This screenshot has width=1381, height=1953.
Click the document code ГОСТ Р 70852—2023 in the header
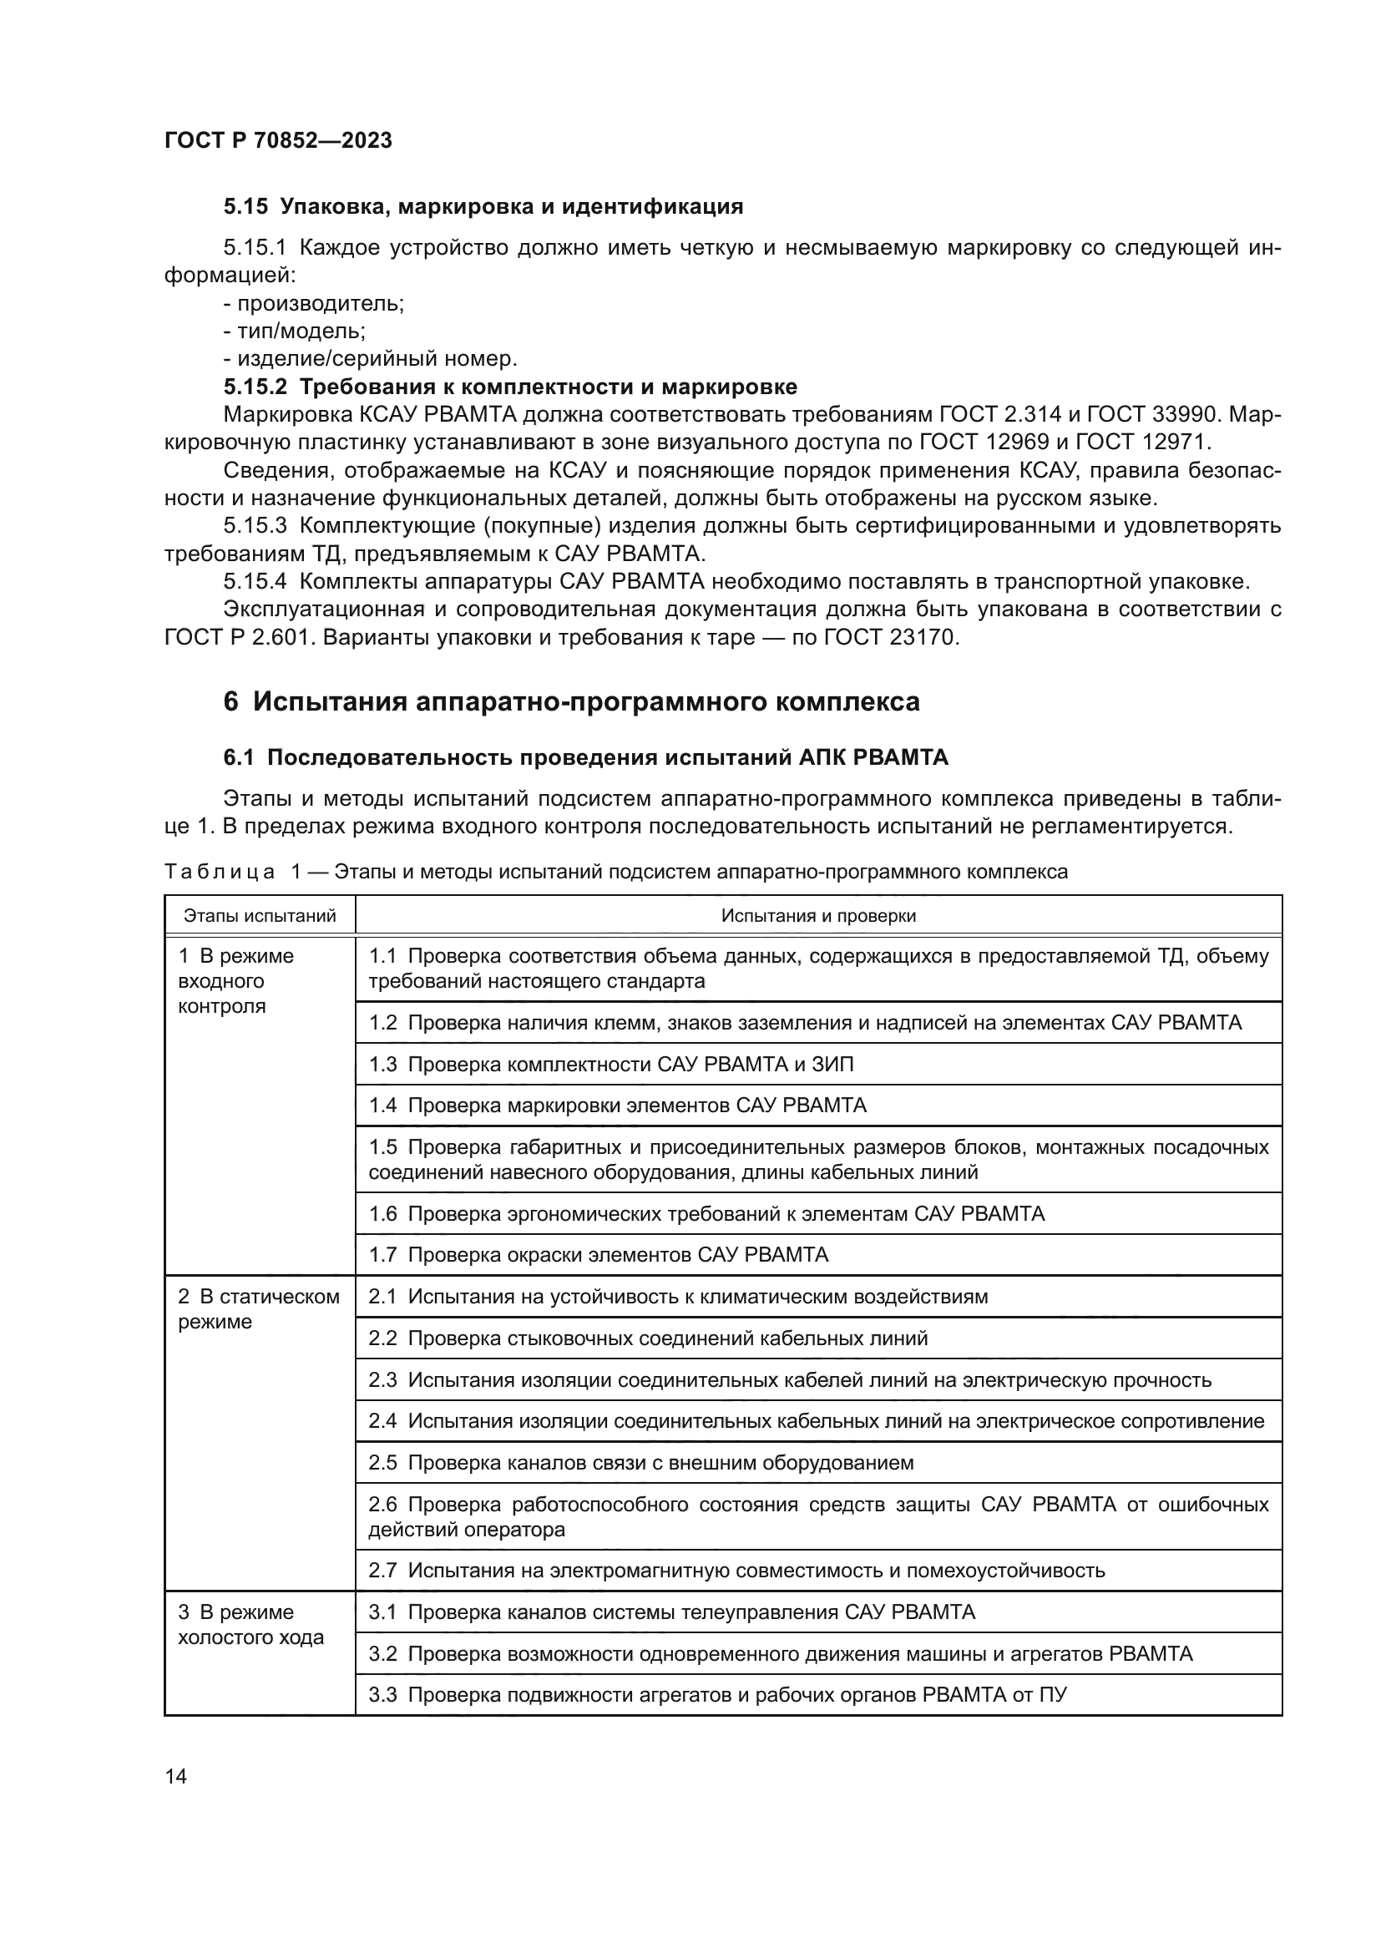click(278, 140)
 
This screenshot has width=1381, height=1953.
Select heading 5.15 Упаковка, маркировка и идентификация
click(483, 206)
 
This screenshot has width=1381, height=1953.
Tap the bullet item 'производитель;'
click(314, 303)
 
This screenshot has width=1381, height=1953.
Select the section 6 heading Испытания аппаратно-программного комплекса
click(571, 701)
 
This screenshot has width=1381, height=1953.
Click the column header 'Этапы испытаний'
click(261, 915)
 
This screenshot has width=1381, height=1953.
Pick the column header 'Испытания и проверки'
click(818, 915)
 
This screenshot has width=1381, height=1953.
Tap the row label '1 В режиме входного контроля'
click(235, 981)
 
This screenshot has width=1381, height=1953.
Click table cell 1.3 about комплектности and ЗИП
click(610, 1064)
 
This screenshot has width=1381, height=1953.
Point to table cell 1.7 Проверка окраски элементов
click(598, 1255)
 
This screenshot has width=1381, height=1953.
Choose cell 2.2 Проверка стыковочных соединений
click(647, 1338)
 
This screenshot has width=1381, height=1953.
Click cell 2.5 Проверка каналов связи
click(640, 1462)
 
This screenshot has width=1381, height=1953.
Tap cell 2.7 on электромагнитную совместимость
click(736, 1571)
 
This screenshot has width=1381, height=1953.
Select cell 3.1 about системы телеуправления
click(671, 1611)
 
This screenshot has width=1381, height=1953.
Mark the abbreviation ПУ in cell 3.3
click(1053, 1694)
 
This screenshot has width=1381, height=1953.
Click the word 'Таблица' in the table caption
click(220, 872)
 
